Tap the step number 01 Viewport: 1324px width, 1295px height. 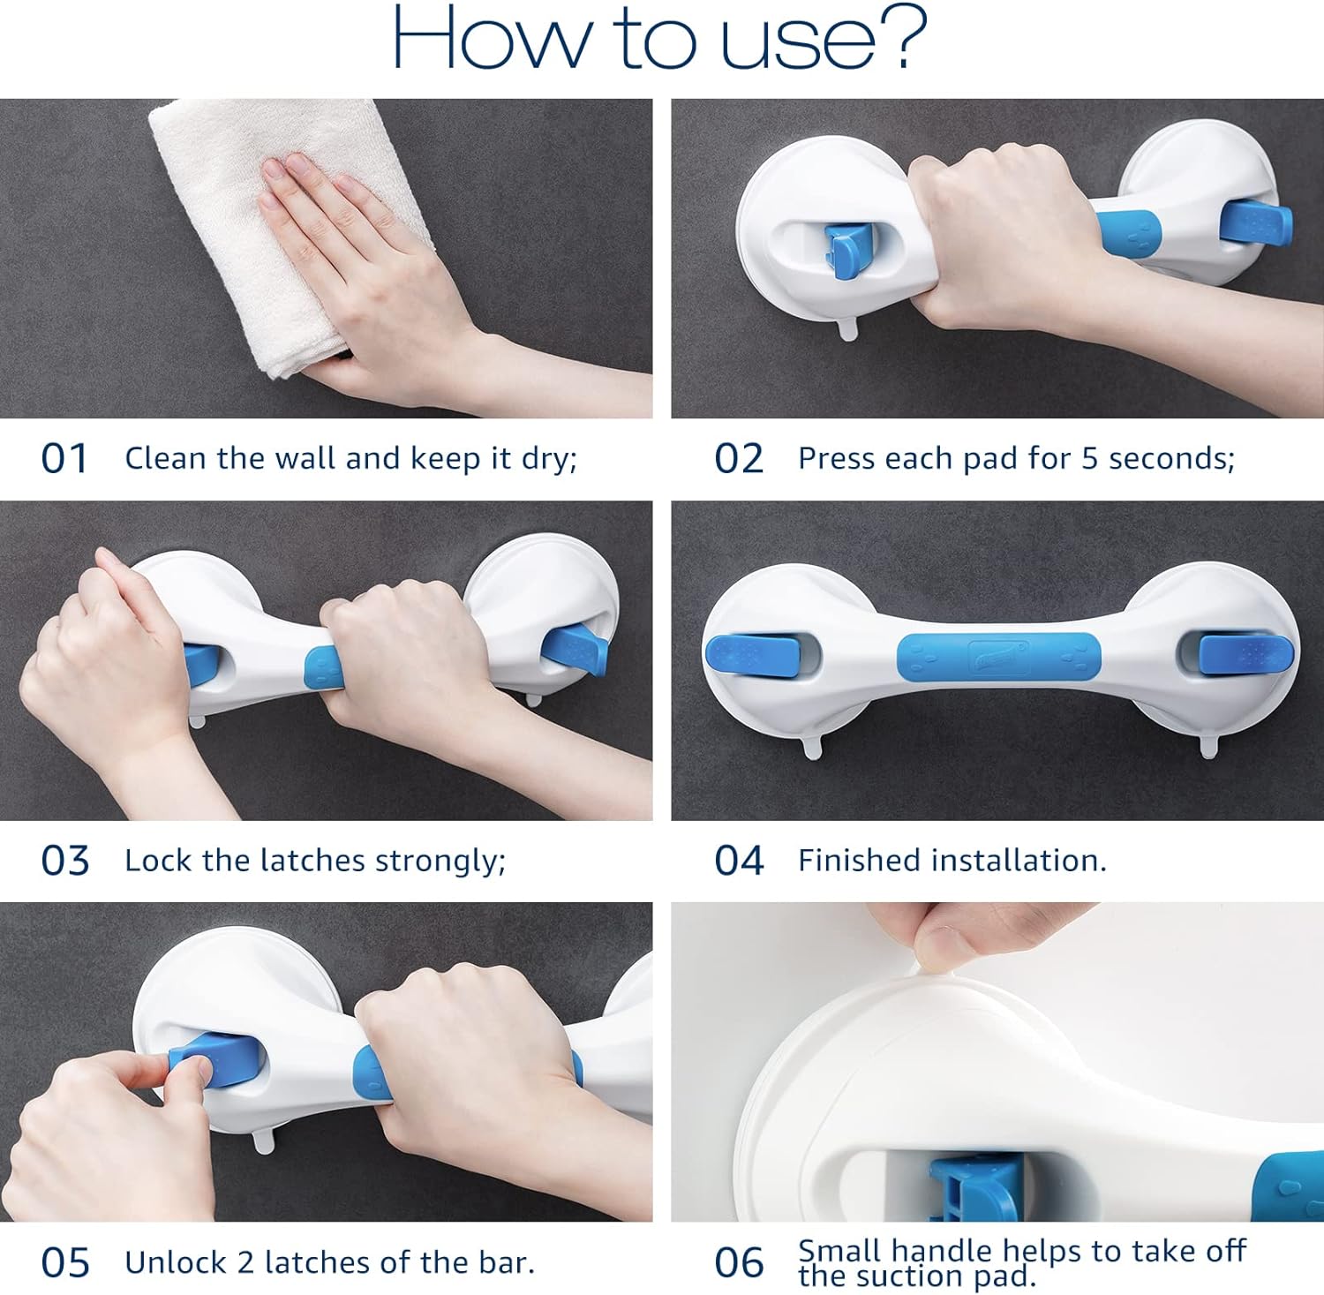pyautogui.click(x=64, y=459)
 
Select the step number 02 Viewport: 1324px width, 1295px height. pyautogui.click(x=739, y=459)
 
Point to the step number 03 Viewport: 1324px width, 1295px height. pyautogui.click(x=65, y=861)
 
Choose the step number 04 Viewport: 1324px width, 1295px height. pyautogui.click(x=739, y=861)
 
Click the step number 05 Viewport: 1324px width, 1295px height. pyautogui.click(x=65, y=1263)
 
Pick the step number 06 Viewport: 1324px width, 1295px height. pyautogui.click(x=739, y=1263)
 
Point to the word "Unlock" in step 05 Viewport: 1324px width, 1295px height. pyautogui.click(x=176, y=1262)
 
